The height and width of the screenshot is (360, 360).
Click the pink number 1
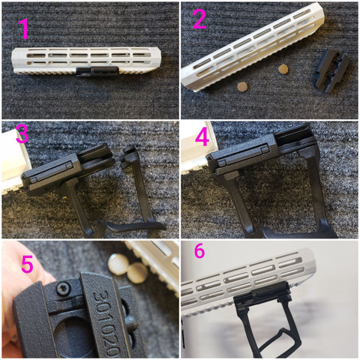click(x=24, y=28)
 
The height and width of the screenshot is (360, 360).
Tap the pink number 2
click(x=199, y=19)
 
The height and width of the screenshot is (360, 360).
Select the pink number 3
click(x=22, y=133)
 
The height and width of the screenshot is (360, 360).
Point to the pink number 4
click(x=202, y=137)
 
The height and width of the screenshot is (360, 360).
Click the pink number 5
click(x=27, y=264)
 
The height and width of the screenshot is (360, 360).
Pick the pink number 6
click(x=199, y=250)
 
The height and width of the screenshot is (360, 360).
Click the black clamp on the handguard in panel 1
click(x=97, y=71)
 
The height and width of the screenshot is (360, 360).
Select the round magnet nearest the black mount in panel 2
click(x=283, y=69)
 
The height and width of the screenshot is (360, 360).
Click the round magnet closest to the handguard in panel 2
click(x=243, y=87)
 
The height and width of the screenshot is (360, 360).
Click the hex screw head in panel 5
click(x=62, y=289)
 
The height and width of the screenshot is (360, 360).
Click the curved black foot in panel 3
click(x=136, y=226)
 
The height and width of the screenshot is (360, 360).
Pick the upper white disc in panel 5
click(x=118, y=264)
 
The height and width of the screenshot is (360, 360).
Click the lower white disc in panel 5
click(x=137, y=273)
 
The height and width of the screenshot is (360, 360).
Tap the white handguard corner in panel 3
click(x=13, y=163)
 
